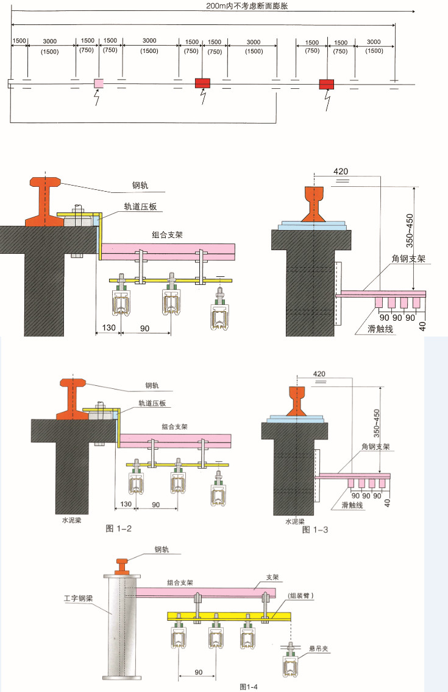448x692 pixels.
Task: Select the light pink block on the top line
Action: click(x=98, y=83)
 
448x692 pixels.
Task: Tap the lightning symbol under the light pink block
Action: click(x=96, y=97)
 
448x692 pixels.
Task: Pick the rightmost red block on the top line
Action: click(x=327, y=84)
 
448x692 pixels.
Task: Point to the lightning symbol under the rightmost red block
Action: click(x=327, y=99)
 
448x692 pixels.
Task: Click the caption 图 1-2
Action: click(x=119, y=528)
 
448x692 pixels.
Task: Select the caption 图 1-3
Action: click(x=315, y=529)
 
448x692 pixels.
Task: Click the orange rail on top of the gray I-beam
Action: click(x=122, y=566)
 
